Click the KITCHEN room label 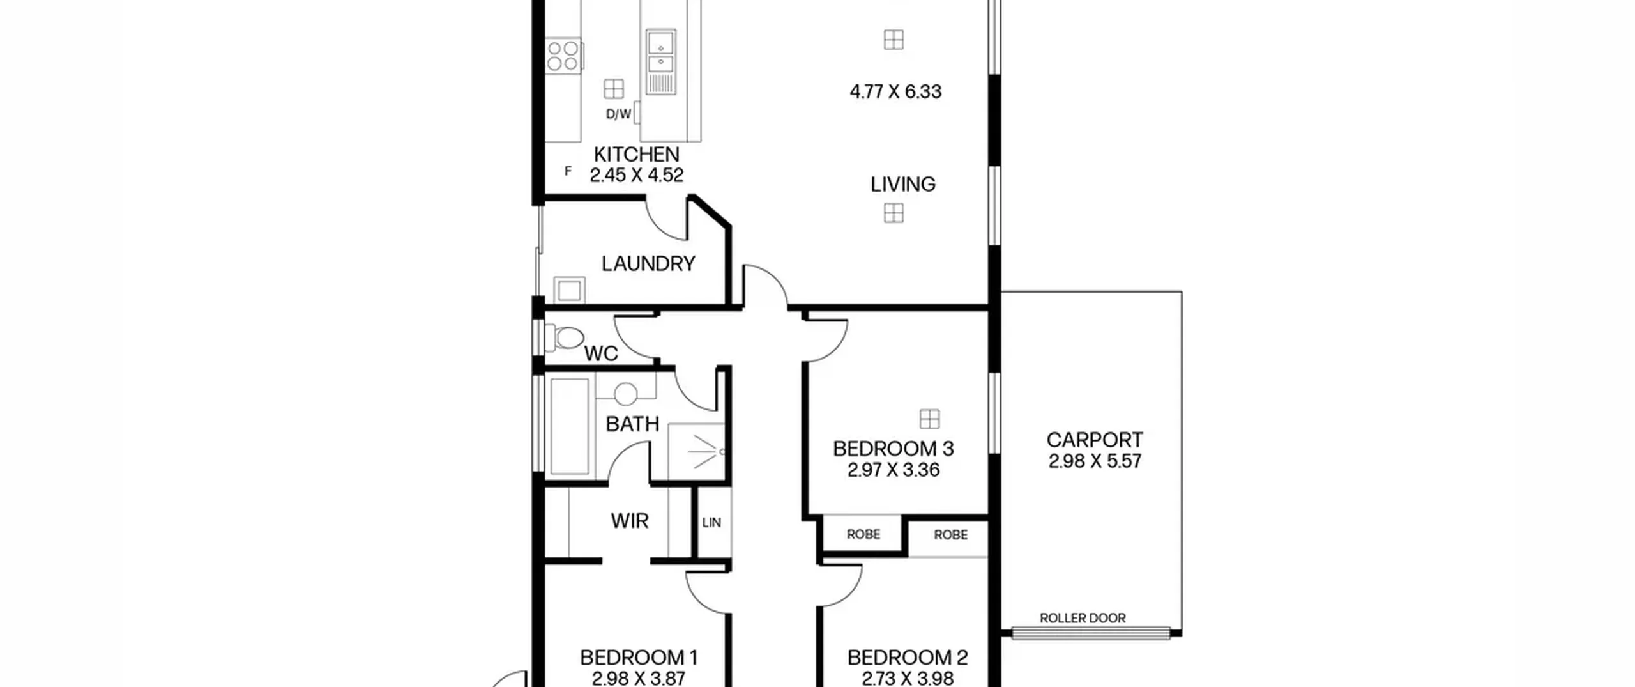point(636,155)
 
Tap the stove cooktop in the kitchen point(563,55)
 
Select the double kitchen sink point(660,61)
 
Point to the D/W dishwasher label point(618,114)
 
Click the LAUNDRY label point(648,263)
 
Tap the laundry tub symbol point(569,290)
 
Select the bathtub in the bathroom point(569,426)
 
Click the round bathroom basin point(625,393)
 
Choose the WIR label point(629,521)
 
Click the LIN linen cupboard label point(711,523)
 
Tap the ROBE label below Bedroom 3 point(863,534)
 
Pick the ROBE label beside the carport point(950,535)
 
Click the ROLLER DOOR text point(1083,618)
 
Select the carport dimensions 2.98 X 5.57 point(1095,461)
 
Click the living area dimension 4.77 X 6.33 point(895,92)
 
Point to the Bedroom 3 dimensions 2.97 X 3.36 point(894,470)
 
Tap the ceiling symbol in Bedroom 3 point(930,419)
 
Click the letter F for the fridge point(568,171)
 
